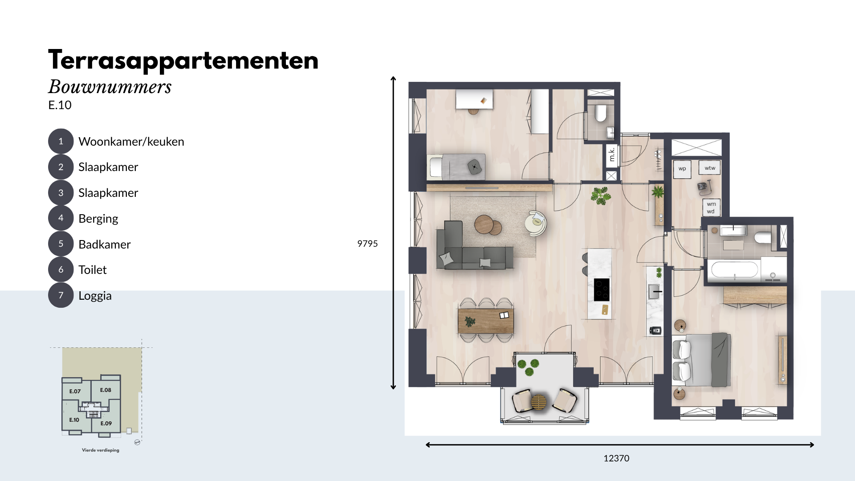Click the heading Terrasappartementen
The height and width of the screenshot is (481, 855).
183,60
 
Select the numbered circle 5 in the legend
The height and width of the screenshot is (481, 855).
61,244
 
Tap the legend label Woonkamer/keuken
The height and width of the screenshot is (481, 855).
131,142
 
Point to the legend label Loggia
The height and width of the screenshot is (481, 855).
95,296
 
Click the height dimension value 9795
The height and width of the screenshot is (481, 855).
367,244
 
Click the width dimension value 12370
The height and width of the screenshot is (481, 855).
616,458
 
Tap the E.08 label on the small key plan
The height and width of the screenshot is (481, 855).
106,390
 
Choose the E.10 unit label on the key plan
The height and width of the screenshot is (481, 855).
74,420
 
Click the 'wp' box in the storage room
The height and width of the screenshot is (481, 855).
682,169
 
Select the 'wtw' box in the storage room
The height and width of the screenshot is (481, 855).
710,168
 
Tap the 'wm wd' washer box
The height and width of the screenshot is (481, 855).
711,208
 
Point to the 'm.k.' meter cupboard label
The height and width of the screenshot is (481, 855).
612,154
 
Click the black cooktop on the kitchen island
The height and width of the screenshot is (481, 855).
602,289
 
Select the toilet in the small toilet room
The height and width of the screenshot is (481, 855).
600,113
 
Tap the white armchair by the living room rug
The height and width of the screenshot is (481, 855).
536,223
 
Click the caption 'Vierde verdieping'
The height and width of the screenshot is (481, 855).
101,450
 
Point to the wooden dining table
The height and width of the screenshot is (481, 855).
486,321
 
